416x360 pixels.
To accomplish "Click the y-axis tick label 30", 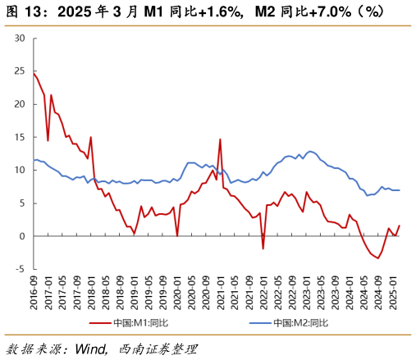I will (x=20, y=39).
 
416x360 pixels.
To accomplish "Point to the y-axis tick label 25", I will (x=20, y=71).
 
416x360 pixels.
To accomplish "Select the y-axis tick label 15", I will (x=20, y=137).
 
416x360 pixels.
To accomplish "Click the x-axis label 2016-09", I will (x=34, y=291).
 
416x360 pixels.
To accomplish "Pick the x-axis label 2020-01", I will (x=177, y=291).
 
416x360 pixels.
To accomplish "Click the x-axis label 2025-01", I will (x=391, y=291).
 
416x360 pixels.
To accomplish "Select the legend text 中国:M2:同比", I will (x=301, y=322).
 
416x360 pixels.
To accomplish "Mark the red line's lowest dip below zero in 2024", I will (x=378, y=258).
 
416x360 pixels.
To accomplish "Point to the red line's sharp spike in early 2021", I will (x=220, y=139).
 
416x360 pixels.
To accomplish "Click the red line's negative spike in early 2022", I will (x=263, y=248).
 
